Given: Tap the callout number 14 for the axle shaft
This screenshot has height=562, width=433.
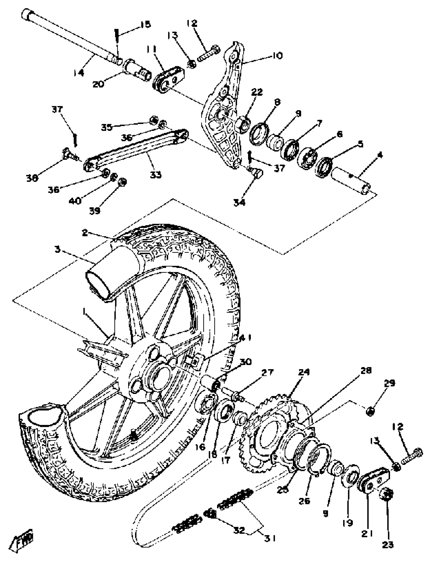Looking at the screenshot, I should click(78, 73).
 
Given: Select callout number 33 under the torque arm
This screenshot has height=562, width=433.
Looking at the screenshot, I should click(155, 175).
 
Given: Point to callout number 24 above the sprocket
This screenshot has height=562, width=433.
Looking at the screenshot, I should click(304, 372).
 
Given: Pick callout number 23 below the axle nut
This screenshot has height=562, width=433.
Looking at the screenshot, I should click(388, 544).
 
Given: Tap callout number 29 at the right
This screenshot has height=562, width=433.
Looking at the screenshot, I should click(389, 383).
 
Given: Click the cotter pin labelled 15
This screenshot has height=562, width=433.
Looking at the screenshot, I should click(117, 36).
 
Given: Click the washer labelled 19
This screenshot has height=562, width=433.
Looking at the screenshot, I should click(350, 476).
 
